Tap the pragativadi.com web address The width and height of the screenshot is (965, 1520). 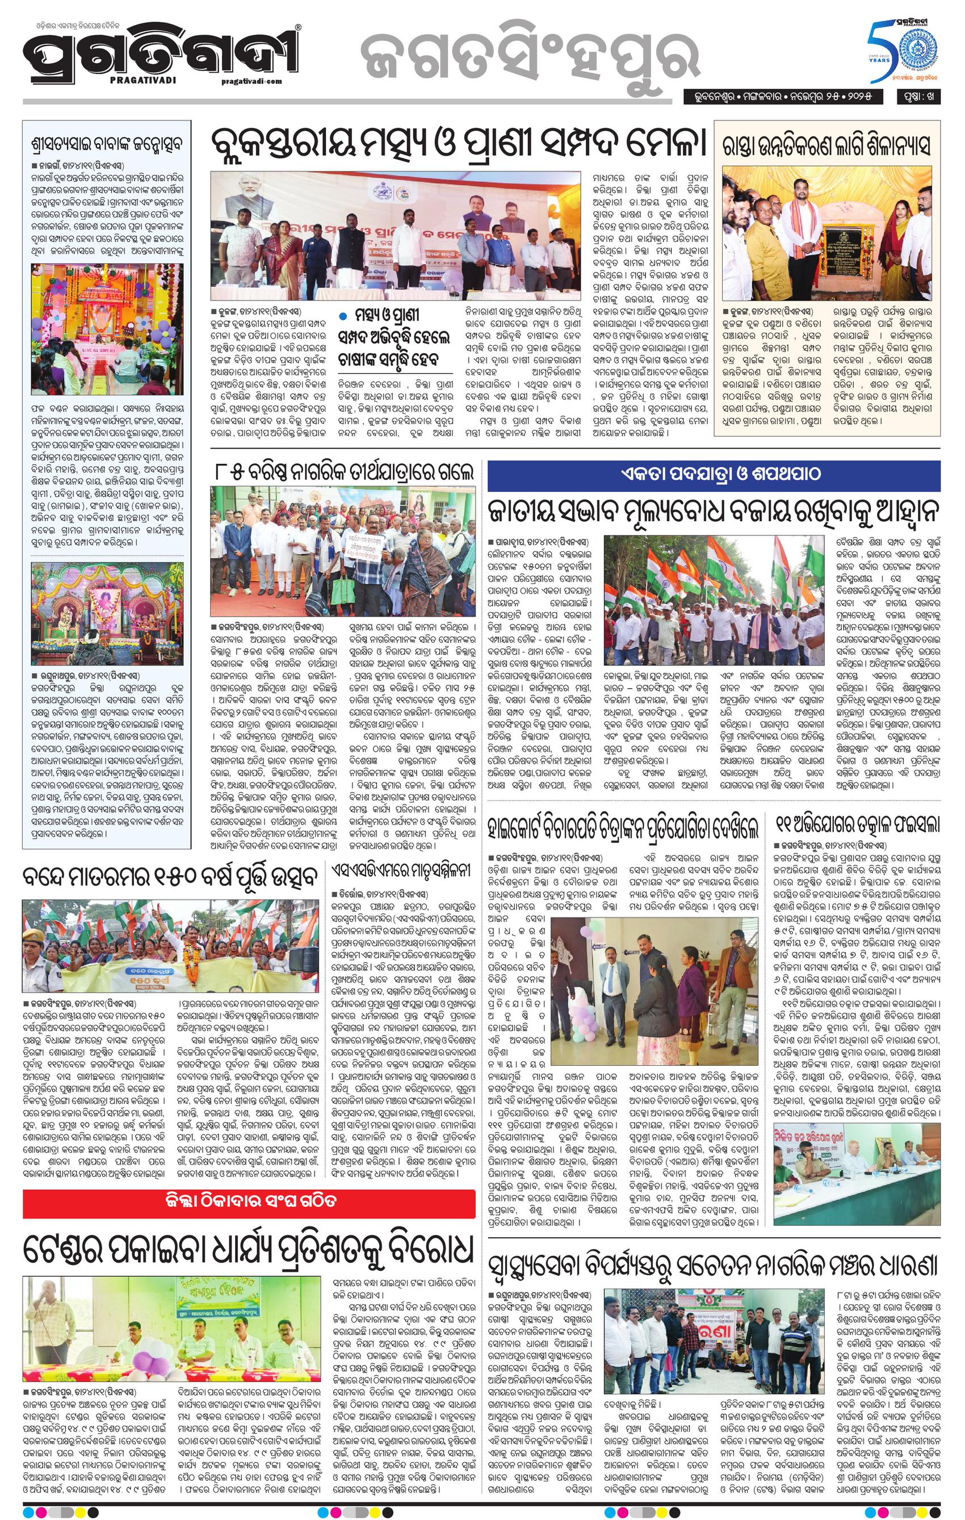point(252,81)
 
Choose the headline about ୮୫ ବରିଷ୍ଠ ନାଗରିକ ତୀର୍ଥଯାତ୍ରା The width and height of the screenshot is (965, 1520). point(343,472)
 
